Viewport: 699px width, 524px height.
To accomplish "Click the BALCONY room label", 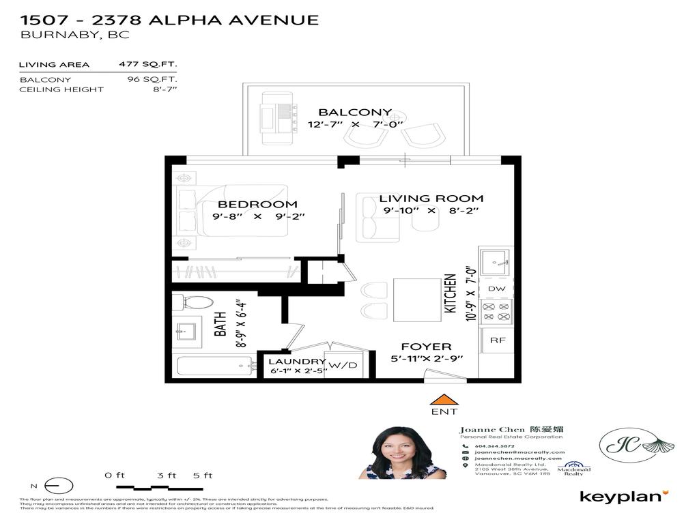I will pos(355,113).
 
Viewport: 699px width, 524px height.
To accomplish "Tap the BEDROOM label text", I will pos(257,204).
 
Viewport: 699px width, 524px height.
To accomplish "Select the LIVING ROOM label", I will pos(431,199).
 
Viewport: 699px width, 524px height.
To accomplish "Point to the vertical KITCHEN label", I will pos(451,293).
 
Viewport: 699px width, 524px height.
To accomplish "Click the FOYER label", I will pos(425,346).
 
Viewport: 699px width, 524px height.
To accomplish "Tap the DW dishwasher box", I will pos(496,289).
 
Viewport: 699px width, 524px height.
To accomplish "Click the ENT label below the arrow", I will pos(444,412).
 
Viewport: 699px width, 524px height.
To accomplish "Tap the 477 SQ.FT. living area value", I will pos(148,65).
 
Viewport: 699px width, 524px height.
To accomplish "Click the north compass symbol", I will pos(57,486).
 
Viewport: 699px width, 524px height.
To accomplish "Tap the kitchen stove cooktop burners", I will pos(496,312).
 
